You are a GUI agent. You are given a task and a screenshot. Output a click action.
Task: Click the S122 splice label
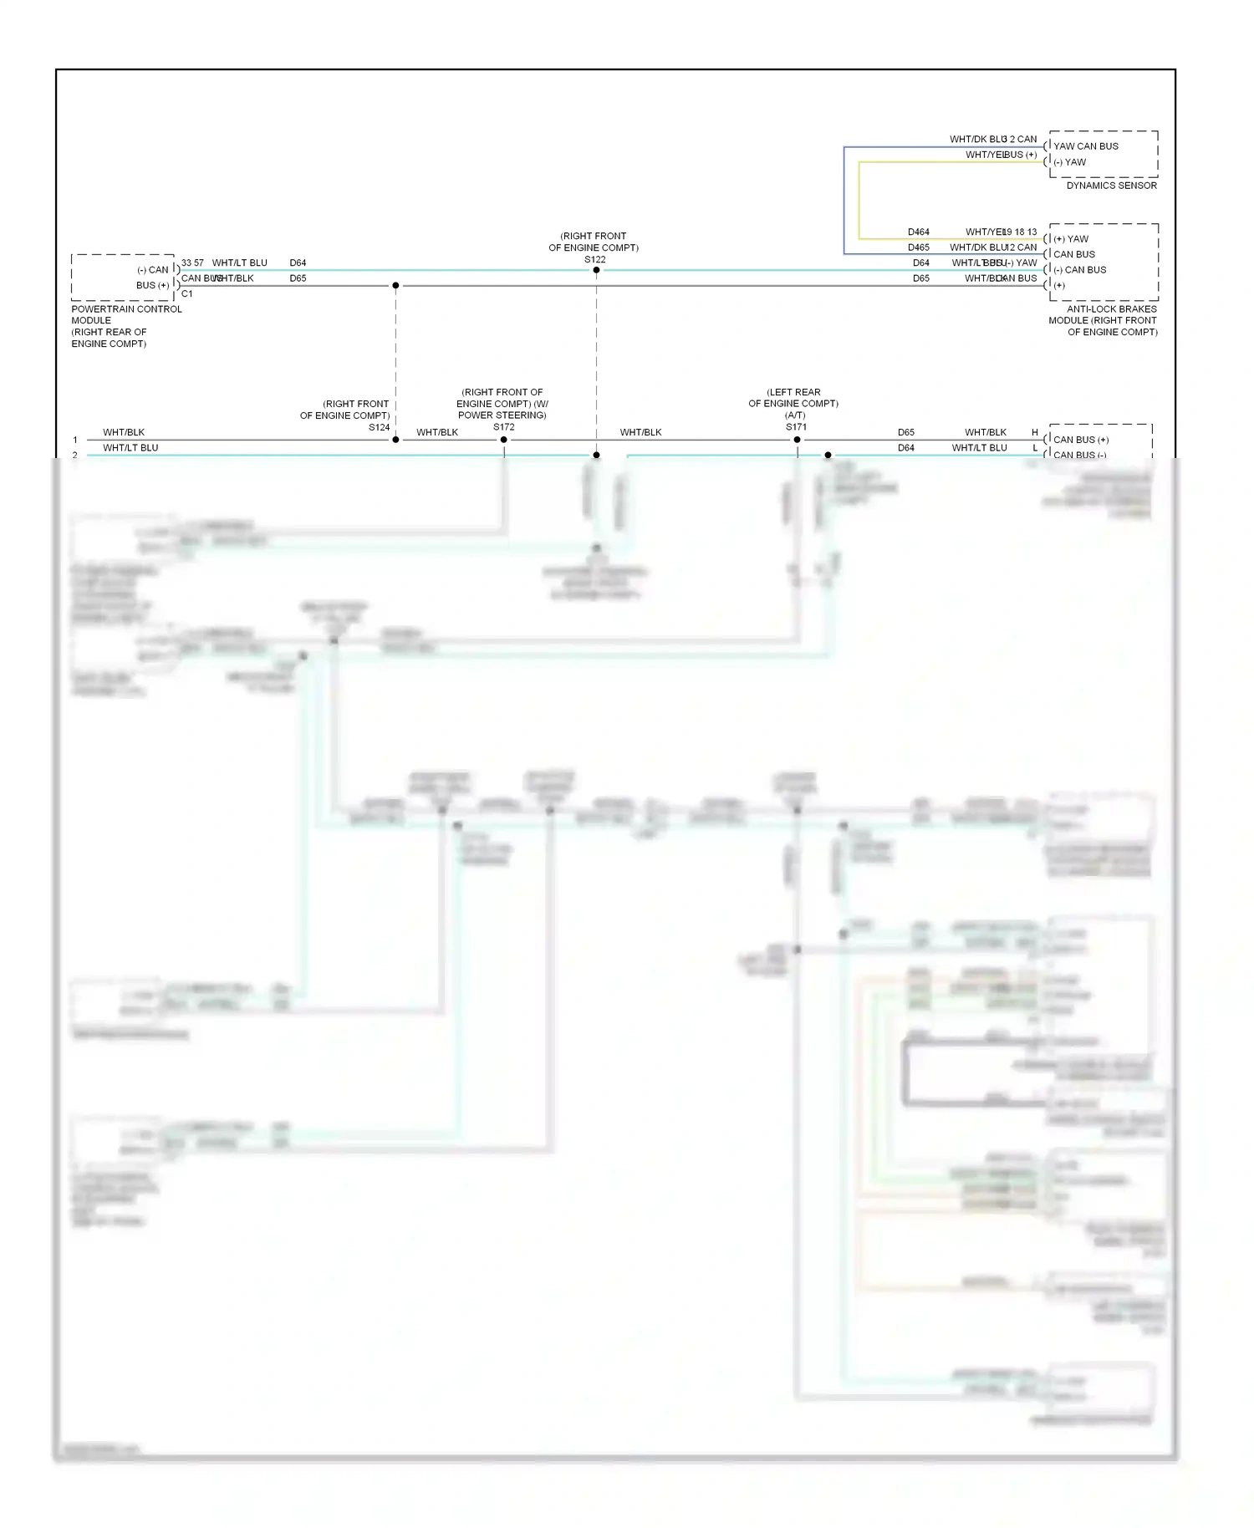click(x=594, y=260)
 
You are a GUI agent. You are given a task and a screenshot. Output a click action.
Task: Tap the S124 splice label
click(x=380, y=427)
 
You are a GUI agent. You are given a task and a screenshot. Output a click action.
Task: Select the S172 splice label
click(x=503, y=427)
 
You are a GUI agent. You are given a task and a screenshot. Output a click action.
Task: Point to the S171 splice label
click(x=796, y=427)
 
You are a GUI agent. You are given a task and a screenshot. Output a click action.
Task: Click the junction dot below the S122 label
click(x=596, y=270)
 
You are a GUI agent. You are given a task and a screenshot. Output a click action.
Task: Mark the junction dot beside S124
click(x=395, y=440)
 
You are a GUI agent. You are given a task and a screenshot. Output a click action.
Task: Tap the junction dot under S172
click(x=503, y=440)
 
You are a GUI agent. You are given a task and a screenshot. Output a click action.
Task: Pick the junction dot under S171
click(x=797, y=440)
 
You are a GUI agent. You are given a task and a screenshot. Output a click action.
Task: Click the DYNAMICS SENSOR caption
click(x=1111, y=186)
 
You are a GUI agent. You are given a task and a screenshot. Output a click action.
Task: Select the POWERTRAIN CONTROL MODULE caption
click(x=126, y=314)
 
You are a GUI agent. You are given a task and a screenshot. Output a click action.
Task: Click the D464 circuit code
click(x=918, y=232)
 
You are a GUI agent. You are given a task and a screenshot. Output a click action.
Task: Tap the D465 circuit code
click(x=918, y=247)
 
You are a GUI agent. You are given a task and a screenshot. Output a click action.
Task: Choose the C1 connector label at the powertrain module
click(x=186, y=294)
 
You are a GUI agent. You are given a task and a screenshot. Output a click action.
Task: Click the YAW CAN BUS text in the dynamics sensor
click(x=1085, y=146)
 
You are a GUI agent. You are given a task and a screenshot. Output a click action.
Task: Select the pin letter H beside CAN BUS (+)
click(x=1035, y=432)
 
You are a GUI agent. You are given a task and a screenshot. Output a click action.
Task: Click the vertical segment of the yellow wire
click(x=859, y=201)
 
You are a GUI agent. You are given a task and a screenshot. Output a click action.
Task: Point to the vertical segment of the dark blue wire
click(x=844, y=201)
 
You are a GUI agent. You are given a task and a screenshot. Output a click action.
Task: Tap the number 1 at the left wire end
click(x=75, y=440)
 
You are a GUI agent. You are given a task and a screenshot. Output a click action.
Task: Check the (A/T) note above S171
click(x=794, y=415)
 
